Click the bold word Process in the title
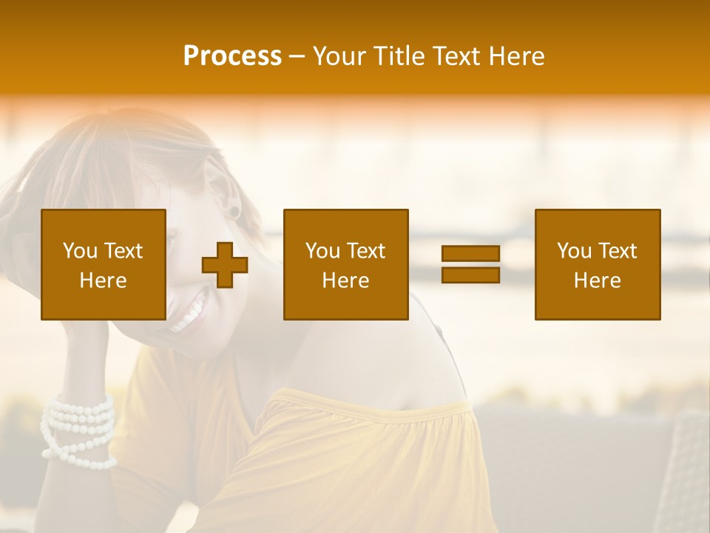click(x=232, y=56)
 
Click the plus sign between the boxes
click(x=225, y=264)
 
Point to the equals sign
click(x=470, y=264)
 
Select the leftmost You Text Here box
click(x=104, y=264)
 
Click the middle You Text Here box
click(x=346, y=264)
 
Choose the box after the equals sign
click(x=598, y=264)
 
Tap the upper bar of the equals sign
click(x=470, y=254)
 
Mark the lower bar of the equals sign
click(x=470, y=275)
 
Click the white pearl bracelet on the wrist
click(x=78, y=429)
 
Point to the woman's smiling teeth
click(x=189, y=311)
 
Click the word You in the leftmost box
click(x=79, y=251)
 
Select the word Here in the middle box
click(x=346, y=281)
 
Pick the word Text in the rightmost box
click(x=617, y=251)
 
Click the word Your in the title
click(x=339, y=56)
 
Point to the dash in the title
click(x=297, y=56)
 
